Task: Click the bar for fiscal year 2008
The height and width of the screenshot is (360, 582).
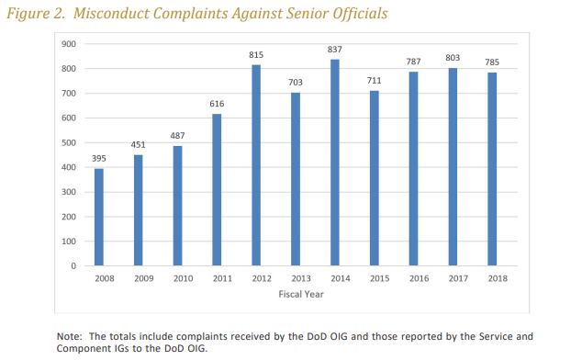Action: click(99, 217)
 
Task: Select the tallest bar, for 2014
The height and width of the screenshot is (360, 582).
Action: click(335, 163)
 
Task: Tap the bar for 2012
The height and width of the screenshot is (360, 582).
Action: click(256, 165)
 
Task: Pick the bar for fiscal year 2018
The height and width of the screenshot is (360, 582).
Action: click(492, 169)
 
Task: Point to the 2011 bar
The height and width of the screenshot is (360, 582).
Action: click(217, 190)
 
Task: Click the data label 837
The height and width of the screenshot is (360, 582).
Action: click(335, 50)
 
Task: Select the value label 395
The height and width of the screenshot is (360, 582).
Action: click(99, 159)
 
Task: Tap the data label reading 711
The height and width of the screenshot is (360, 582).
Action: click(375, 81)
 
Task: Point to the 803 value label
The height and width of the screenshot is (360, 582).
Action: click(453, 58)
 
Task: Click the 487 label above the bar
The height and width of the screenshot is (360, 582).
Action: click(177, 136)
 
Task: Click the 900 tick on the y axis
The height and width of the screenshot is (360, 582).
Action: click(69, 44)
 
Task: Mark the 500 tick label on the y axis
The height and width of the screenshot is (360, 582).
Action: click(69, 142)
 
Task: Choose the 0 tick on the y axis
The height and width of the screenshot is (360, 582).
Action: click(73, 266)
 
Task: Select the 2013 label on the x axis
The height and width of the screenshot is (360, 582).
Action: click(301, 278)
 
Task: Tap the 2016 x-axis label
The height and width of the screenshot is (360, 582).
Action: click(419, 278)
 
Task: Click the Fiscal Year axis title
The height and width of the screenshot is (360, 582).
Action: click(301, 294)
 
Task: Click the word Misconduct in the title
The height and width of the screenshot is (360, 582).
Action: click(112, 14)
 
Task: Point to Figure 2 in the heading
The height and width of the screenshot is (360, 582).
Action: click(36, 14)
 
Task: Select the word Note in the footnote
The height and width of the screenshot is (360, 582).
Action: click(70, 336)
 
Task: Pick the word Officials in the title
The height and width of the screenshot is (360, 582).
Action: click(360, 14)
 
